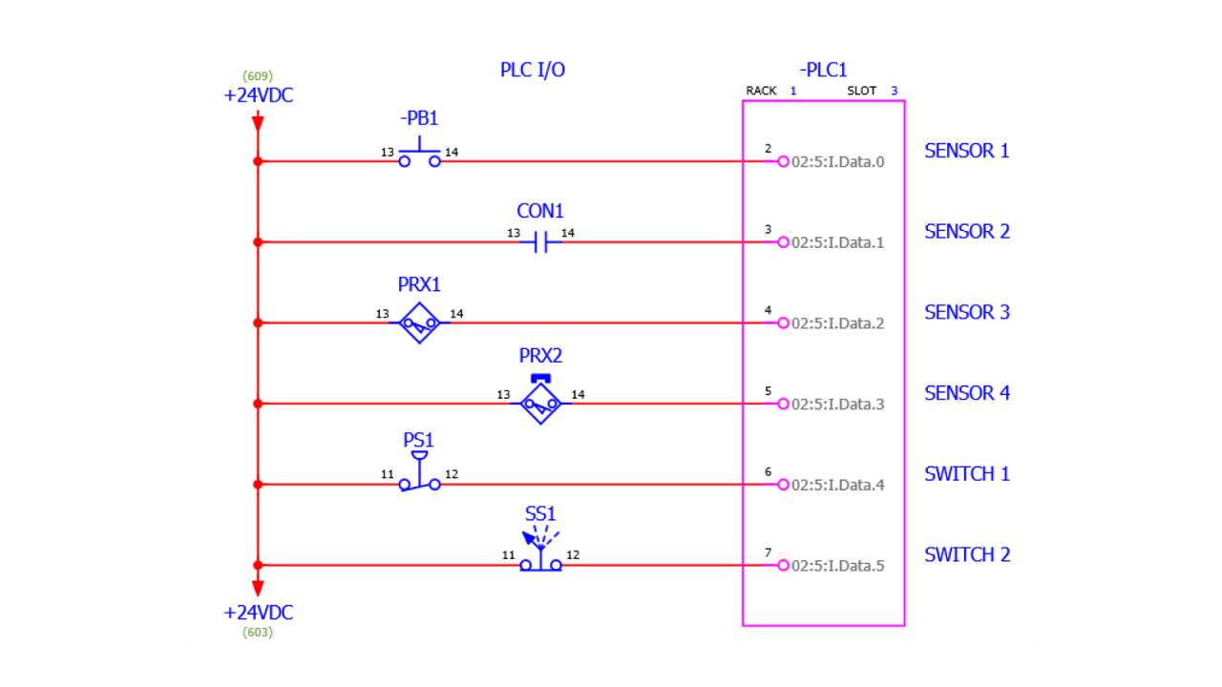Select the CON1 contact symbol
[x=540, y=242]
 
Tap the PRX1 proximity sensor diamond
[x=419, y=323]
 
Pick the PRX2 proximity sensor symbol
[x=540, y=404]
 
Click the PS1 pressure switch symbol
[x=419, y=477]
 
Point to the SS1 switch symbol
[x=540, y=558]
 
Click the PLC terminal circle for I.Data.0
[x=783, y=162]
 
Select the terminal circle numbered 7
[x=783, y=566]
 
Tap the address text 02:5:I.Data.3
[x=837, y=405]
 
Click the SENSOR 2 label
[x=966, y=232]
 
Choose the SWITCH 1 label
[x=966, y=474]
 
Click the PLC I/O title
[x=533, y=70]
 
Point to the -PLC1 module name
[x=823, y=70]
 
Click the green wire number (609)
[x=258, y=75]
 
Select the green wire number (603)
[x=258, y=632]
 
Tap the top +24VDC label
[x=258, y=95]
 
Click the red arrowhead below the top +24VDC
[x=258, y=122]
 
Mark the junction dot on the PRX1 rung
[x=258, y=323]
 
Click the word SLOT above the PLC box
[x=861, y=92]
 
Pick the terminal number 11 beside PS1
[x=387, y=474]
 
